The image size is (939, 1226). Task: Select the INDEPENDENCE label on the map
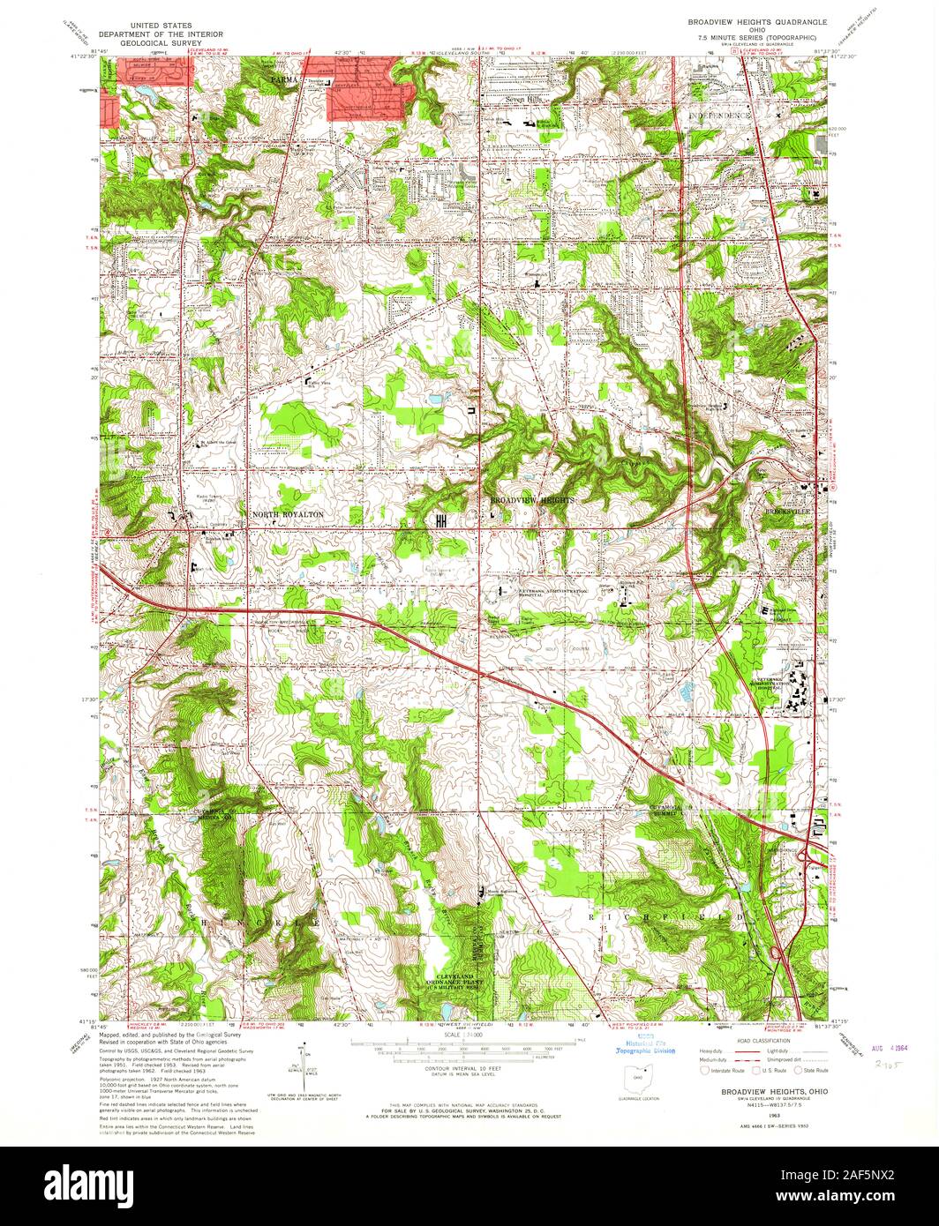tap(719, 116)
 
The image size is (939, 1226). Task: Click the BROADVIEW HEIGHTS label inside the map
tap(532, 500)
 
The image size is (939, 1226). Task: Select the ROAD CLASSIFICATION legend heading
tap(764, 1041)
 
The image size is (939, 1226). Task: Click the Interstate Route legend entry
tap(724, 1070)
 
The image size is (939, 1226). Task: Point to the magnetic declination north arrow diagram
tap(304, 1063)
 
